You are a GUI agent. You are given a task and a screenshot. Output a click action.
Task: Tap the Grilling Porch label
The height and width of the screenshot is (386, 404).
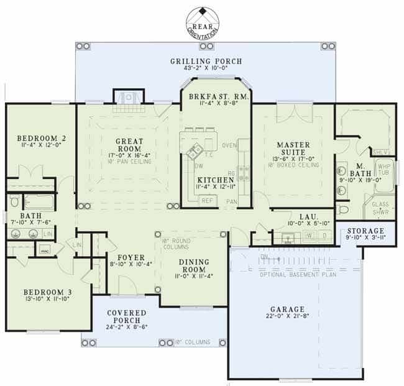tap(206, 61)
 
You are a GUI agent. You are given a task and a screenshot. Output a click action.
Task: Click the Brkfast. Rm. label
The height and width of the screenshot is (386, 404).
tap(216, 98)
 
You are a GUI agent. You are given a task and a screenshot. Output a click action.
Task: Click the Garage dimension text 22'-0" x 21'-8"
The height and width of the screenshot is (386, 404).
tap(287, 318)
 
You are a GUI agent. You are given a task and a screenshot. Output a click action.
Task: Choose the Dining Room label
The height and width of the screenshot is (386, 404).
tap(194, 265)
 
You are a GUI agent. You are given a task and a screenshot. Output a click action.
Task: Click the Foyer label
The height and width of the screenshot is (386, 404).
tap(131, 257)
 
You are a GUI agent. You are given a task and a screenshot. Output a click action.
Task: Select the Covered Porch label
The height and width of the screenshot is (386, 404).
tap(126, 313)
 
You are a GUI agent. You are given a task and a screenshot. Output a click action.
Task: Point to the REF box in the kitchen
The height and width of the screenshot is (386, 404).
tap(207, 201)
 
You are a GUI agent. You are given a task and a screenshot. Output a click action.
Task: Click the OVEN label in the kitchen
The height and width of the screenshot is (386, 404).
tap(229, 146)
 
